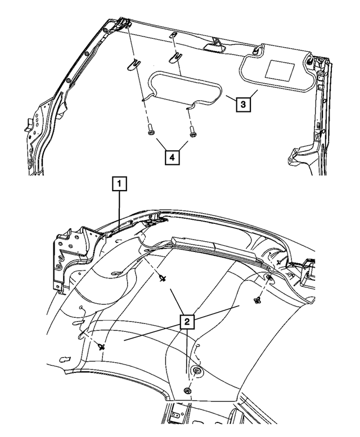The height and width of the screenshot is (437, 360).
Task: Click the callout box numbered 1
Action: [120, 183]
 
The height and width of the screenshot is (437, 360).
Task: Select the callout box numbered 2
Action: [187, 322]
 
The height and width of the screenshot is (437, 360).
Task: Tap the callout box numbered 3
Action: [242, 104]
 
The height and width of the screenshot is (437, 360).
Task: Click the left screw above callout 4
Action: [150, 133]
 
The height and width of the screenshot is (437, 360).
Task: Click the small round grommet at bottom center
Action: [188, 391]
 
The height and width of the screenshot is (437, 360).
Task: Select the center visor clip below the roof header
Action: [175, 56]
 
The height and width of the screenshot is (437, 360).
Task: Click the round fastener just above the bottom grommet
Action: [197, 372]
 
